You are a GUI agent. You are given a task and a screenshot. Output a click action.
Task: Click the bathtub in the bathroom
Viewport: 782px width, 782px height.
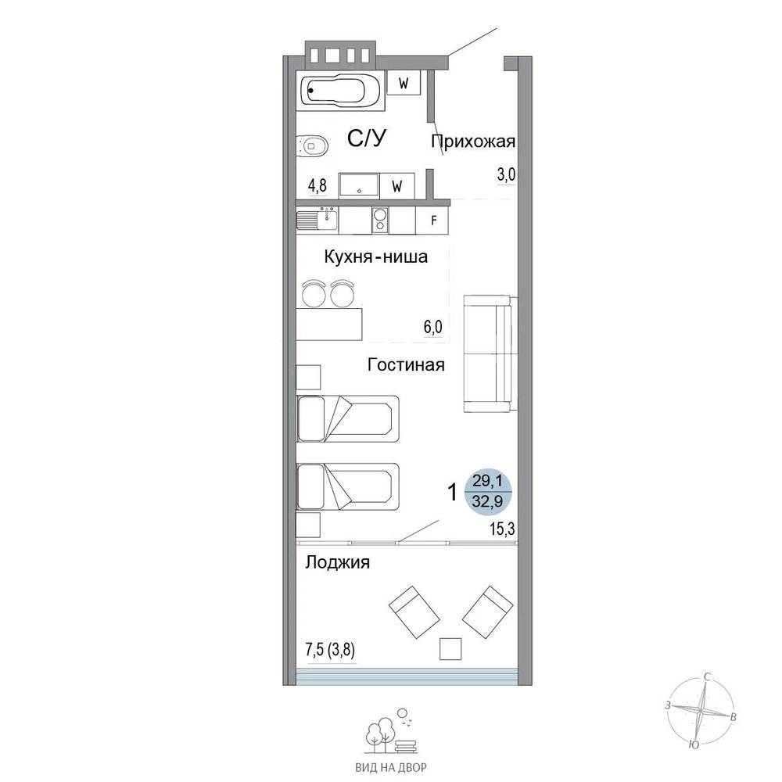341,91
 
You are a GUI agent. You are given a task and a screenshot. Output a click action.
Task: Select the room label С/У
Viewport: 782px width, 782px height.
367,138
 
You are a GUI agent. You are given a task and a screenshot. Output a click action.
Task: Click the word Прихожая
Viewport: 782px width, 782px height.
473,142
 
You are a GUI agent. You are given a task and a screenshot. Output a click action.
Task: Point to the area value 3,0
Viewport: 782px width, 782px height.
506,175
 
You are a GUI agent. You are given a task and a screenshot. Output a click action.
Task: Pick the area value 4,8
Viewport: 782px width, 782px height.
317,185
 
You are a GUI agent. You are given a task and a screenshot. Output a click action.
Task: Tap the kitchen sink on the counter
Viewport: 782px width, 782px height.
317,220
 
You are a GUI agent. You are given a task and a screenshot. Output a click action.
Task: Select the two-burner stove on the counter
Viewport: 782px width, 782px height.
380,220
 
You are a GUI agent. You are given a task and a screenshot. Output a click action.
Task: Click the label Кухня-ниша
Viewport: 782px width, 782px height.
376,256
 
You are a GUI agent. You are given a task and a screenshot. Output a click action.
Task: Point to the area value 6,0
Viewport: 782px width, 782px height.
433,327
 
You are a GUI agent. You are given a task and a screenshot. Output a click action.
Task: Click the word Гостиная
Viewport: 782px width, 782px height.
406,365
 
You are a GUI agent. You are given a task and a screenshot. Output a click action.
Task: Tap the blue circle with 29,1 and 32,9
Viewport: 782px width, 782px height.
488,492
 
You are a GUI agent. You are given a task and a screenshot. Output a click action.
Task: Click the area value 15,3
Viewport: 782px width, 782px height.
502,529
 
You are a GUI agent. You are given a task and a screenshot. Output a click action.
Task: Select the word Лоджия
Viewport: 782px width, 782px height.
338,562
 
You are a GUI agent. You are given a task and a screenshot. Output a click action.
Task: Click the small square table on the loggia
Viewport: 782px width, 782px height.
450,649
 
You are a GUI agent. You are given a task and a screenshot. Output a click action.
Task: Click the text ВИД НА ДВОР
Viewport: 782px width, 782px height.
391,768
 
